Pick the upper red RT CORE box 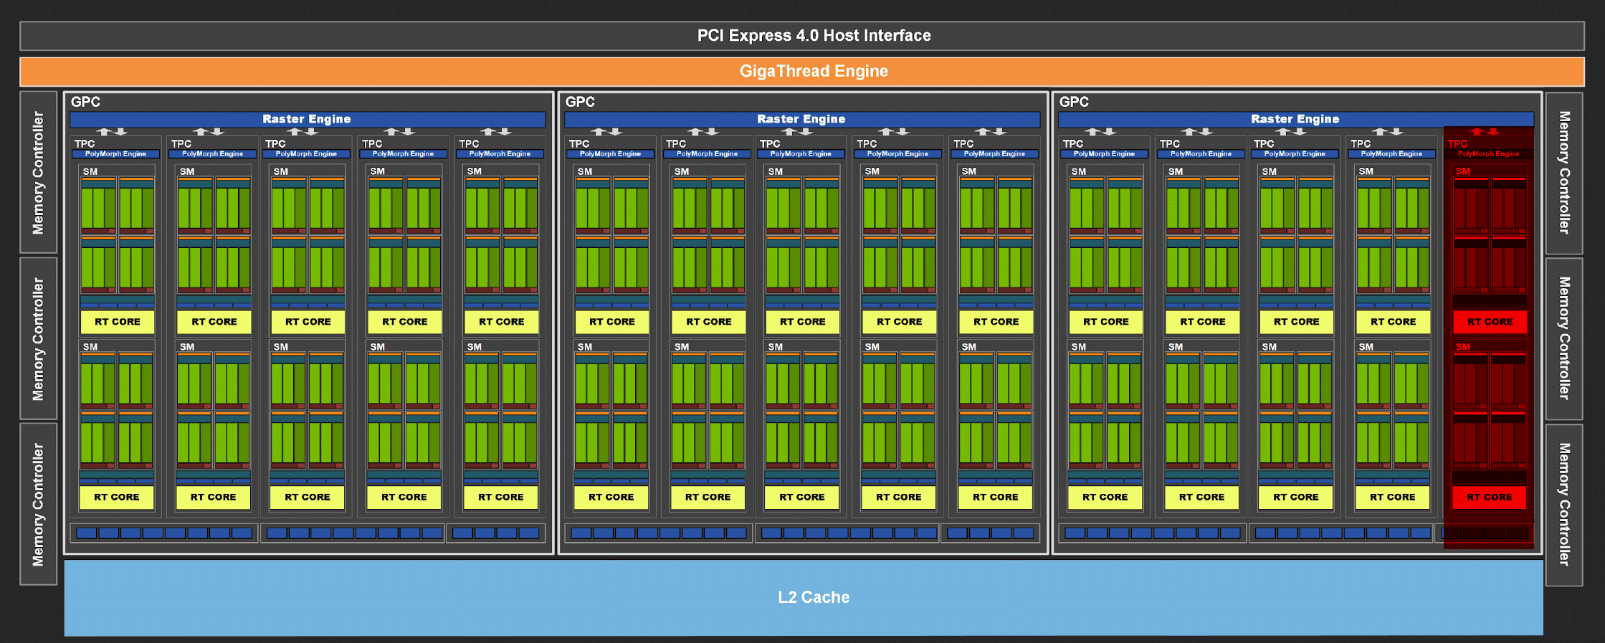tap(1490, 322)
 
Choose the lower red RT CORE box tap(1489, 497)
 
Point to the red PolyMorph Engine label tap(1488, 153)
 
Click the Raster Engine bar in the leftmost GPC tap(308, 119)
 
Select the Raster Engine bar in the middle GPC tap(802, 119)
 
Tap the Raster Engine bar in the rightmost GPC tap(1296, 119)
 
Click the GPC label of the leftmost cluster tap(85, 102)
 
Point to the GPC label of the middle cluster tap(580, 102)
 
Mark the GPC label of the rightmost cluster tap(1074, 102)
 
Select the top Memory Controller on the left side tap(39, 172)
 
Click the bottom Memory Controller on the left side tap(39, 504)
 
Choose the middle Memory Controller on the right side tap(1564, 338)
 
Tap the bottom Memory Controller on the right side tap(1564, 505)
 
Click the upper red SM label tap(1462, 171)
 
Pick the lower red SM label tap(1462, 347)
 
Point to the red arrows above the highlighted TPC tap(1485, 132)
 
